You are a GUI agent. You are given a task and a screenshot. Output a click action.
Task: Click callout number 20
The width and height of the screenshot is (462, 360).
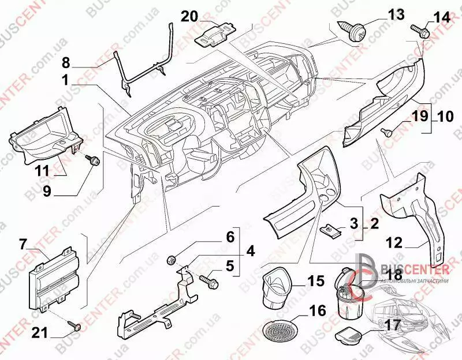point(189,16)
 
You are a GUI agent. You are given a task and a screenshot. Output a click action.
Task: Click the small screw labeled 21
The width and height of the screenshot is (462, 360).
point(75,327)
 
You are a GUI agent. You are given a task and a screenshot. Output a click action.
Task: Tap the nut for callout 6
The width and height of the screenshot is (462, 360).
point(172,258)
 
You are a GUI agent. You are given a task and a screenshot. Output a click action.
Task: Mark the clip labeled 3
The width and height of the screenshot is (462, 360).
point(330,230)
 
